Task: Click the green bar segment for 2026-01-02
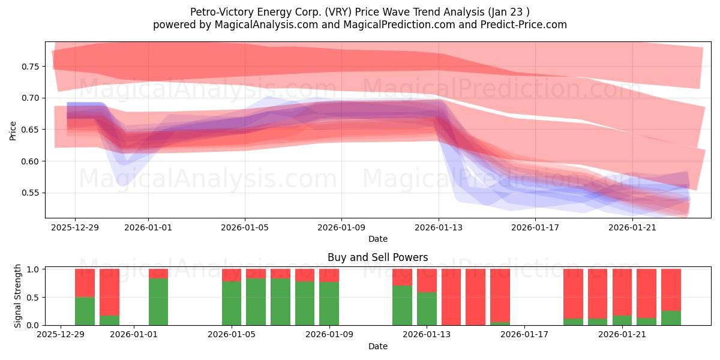(x=158, y=302)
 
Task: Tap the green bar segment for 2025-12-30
(x=85, y=311)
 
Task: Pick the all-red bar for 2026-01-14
(x=451, y=297)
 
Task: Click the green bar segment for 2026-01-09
(x=329, y=304)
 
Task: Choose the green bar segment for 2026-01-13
(x=427, y=308)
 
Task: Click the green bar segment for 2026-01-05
(x=232, y=303)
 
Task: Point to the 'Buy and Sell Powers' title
(x=377, y=257)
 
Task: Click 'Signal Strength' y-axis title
(x=18, y=296)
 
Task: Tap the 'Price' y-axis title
(x=13, y=130)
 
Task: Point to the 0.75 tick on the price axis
(x=29, y=67)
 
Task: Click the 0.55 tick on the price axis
(x=29, y=193)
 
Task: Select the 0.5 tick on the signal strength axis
(x=34, y=297)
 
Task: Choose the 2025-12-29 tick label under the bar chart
(x=60, y=334)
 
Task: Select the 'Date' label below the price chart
(x=377, y=239)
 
